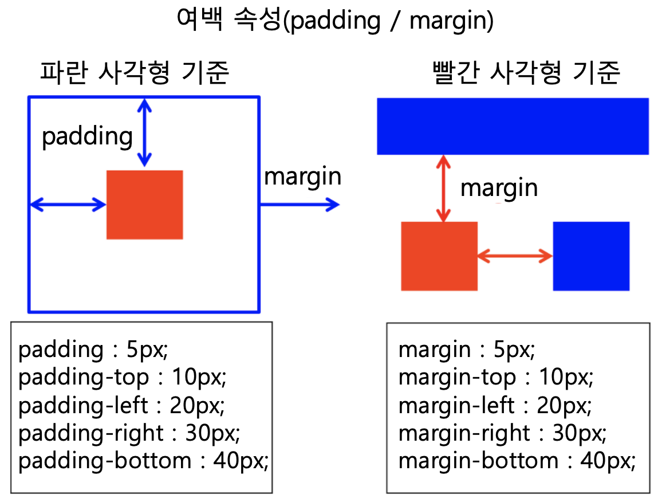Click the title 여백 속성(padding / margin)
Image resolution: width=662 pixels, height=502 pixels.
tap(336, 21)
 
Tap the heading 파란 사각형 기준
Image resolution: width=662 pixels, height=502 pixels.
tap(135, 73)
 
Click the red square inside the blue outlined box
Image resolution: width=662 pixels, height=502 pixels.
tap(145, 205)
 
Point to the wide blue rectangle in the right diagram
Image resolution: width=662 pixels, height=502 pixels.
tap(513, 126)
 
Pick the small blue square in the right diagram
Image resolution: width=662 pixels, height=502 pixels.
tap(591, 256)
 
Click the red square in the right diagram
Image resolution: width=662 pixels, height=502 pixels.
tap(439, 256)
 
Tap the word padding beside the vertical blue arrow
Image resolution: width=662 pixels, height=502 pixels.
tap(88, 136)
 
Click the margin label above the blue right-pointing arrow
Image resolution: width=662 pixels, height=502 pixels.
tap(302, 177)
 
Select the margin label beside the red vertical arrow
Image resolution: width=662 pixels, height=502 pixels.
tap(499, 188)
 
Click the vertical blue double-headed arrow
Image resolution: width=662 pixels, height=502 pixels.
tap(145, 132)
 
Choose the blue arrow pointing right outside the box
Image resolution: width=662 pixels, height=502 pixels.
tap(300, 205)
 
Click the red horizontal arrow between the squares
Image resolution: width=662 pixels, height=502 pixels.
tap(515, 256)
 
